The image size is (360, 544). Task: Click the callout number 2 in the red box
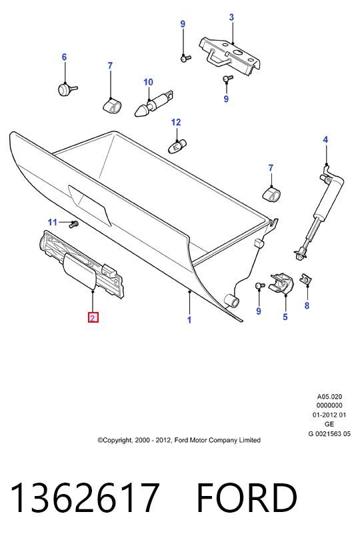tap(93, 317)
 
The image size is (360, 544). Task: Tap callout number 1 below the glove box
tap(189, 320)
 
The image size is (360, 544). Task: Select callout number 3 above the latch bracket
tap(231, 17)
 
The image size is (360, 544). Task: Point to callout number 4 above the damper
tap(325, 139)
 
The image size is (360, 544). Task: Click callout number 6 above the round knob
tap(64, 57)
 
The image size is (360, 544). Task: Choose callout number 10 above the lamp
tap(148, 82)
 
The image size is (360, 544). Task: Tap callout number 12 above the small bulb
tap(176, 122)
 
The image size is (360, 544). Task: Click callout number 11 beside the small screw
tap(53, 222)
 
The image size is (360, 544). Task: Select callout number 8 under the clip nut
tap(307, 305)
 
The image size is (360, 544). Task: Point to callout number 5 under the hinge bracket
tap(285, 317)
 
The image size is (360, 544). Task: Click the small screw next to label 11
tap(73, 225)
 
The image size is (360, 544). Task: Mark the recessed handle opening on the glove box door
tap(90, 205)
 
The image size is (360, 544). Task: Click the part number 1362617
tap(85, 497)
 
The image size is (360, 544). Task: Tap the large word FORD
tap(247, 497)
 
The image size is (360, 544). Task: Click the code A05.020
tap(329, 397)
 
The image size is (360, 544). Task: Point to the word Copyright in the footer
tap(117, 440)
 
